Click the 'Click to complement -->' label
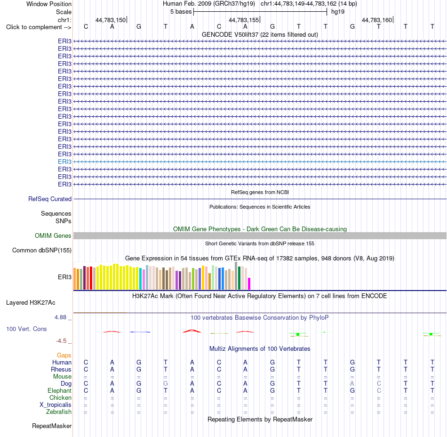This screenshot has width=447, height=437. (x=39, y=27)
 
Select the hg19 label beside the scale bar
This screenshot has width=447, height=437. (x=338, y=12)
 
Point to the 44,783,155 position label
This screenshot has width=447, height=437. (x=244, y=20)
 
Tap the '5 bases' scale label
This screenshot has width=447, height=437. (x=181, y=12)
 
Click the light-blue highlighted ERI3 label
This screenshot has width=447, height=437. (x=65, y=162)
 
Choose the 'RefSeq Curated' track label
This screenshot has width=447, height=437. (x=50, y=199)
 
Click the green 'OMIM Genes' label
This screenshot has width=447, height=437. (x=53, y=235)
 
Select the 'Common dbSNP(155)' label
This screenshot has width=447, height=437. (x=42, y=250)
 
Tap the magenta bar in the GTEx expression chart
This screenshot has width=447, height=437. (x=249, y=284)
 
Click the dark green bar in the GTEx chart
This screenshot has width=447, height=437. (x=239, y=278)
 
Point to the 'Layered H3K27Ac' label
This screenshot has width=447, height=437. (x=31, y=303)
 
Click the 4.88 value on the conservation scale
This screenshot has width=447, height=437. (x=60, y=317)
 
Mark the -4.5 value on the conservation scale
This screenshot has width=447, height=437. (x=61, y=341)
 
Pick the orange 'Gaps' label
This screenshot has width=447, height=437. (x=64, y=355)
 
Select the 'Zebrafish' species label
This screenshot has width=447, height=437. (x=59, y=412)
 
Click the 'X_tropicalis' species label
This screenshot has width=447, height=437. (x=56, y=405)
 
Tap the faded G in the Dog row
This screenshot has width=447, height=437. (x=166, y=384)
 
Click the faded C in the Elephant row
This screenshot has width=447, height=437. (x=379, y=390)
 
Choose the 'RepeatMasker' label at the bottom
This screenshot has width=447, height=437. (x=52, y=426)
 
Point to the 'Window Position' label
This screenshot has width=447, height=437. (x=49, y=4)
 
